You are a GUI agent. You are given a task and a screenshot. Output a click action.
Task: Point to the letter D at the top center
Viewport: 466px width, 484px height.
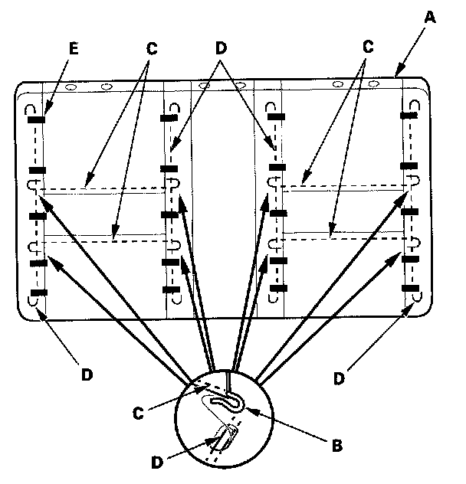(x=222, y=47)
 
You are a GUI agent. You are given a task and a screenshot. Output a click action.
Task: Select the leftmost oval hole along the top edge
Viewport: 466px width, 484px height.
(x=71, y=87)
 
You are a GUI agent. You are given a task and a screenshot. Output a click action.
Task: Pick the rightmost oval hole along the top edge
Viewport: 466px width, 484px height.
(x=374, y=83)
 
